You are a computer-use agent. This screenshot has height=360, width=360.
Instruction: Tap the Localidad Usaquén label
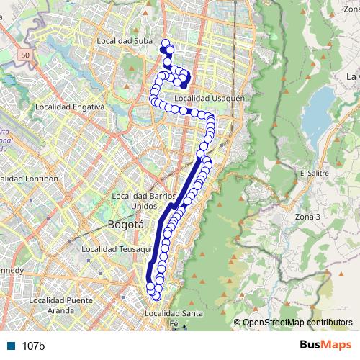(x=210, y=98)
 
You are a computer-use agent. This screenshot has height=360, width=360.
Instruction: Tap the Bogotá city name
(x=126, y=225)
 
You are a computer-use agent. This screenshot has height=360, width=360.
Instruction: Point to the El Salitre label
(x=314, y=173)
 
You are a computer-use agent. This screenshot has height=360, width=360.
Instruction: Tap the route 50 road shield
(x=26, y=55)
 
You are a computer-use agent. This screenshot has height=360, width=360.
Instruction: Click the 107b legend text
(x=34, y=346)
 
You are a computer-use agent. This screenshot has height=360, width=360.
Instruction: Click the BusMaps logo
(x=325, y=346)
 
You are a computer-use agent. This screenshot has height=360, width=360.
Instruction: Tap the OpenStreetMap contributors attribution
(x=297, y=322)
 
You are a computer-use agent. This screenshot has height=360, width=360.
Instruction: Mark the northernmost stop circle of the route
(x=166, y=42)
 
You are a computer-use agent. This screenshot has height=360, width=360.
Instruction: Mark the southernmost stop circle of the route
(x=156, y=296)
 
